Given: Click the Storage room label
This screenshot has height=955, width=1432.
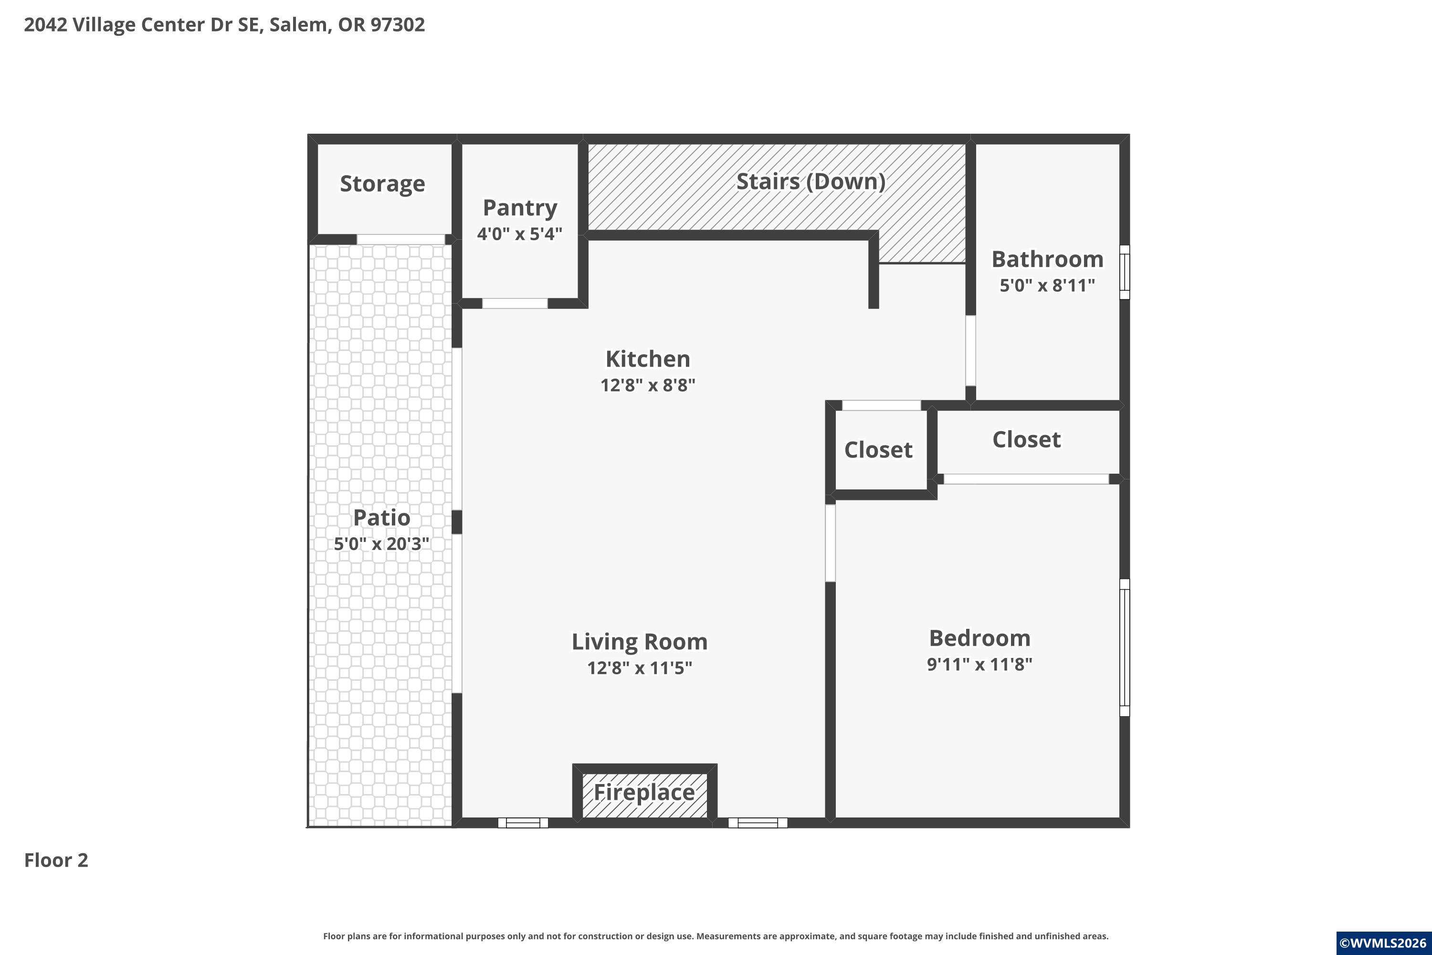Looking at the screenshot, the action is tap(382, 184).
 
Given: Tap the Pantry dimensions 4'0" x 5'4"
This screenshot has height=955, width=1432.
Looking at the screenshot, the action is tap(519, 234).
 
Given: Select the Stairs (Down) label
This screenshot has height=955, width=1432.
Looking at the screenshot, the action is tap(811, 181).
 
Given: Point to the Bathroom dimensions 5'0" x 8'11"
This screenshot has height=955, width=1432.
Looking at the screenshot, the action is tap(1047, 285).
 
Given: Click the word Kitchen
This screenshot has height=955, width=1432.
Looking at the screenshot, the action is tap(648, 359).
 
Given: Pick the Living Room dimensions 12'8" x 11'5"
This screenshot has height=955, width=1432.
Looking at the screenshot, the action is tap(639, 668).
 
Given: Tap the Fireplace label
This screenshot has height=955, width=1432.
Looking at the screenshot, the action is tap(644, 792).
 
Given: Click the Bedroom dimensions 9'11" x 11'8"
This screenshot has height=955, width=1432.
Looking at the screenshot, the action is tap(979, 664).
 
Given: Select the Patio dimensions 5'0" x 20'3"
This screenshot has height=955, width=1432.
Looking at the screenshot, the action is tap(382, 543).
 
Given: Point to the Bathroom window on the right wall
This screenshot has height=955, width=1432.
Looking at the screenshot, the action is tap(1125, 272).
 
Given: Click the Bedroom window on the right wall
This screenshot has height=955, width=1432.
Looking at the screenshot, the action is tap(1125, 647).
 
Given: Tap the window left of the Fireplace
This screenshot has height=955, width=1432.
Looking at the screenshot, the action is tap(523, 823).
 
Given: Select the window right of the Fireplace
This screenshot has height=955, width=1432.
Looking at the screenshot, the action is tap(758, 823).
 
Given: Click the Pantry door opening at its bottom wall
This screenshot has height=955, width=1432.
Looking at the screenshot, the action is tap(515, 303).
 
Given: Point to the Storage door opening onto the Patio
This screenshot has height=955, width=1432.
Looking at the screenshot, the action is tap(400, 239).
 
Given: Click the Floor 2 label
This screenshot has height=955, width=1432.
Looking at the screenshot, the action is tap(56, 860).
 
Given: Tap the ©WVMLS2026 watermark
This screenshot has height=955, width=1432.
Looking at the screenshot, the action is tap(1384, 944).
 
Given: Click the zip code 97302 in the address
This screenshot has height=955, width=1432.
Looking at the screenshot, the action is tap(398, 25).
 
